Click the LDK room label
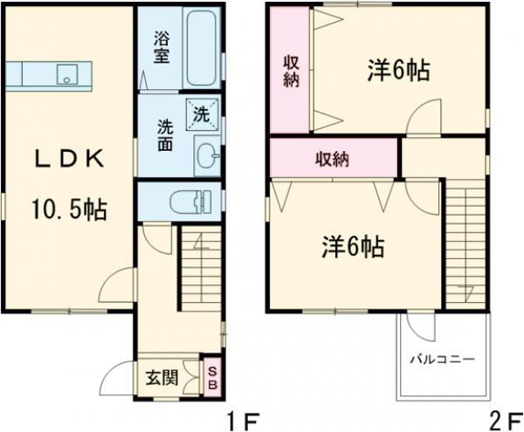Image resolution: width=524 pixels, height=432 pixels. point(70,160)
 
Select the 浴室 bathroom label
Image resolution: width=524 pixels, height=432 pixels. point(162,47)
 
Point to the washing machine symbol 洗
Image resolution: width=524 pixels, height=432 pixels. point(201,113)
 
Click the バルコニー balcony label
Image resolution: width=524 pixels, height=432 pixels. point(442,359)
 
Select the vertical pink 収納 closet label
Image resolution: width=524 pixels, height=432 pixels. point(290,70)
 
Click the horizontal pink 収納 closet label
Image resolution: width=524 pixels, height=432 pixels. point(333,160)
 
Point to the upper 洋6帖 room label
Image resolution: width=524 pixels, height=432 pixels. point(397,72)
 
